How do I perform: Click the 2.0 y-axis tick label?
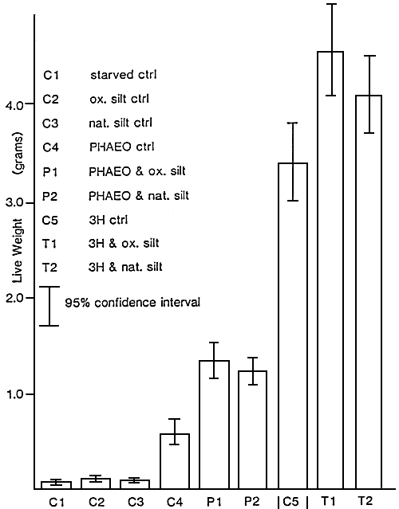click(x=16, y=298)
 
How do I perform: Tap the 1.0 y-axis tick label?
click(x=16, y=395)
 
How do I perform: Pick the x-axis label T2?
click(x=369, y=501)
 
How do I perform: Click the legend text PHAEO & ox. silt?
click(x=138, y=171)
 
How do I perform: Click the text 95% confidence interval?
click(x=132, y=303)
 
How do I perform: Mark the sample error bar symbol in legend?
click(x=51, y=306)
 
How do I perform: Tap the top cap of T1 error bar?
click(x=330, y=4)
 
